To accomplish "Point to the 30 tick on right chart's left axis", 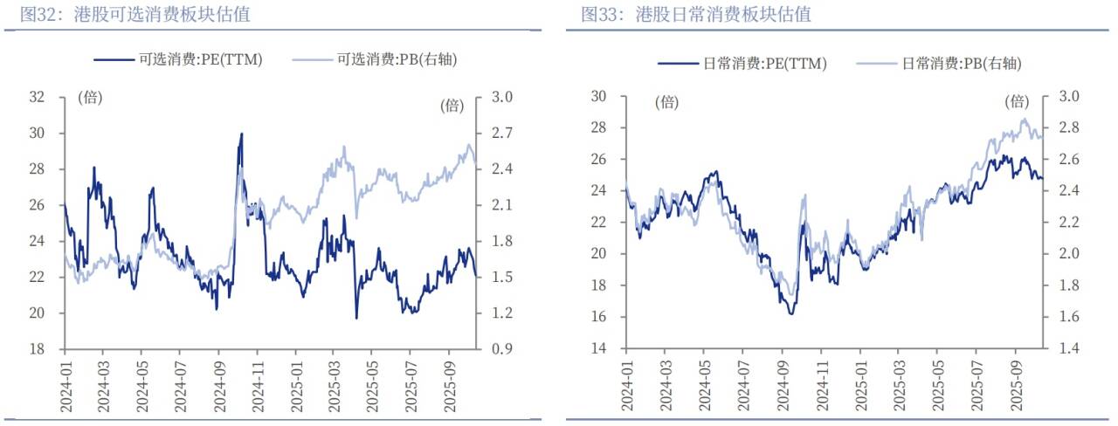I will (x=598, y=96).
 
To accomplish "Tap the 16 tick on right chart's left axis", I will (x=598, y=317).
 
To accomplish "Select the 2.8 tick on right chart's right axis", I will (x=1069, y=127).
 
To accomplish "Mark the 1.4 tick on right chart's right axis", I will (x=1069, y=348).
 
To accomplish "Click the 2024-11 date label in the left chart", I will (x=258, y=385).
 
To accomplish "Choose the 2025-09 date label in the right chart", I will (x=1017, y=385).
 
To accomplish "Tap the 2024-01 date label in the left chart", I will (x=65, y=385).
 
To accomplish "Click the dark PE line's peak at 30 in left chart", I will (x=241, y=134).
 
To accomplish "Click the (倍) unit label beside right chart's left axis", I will (x=666, y=102).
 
